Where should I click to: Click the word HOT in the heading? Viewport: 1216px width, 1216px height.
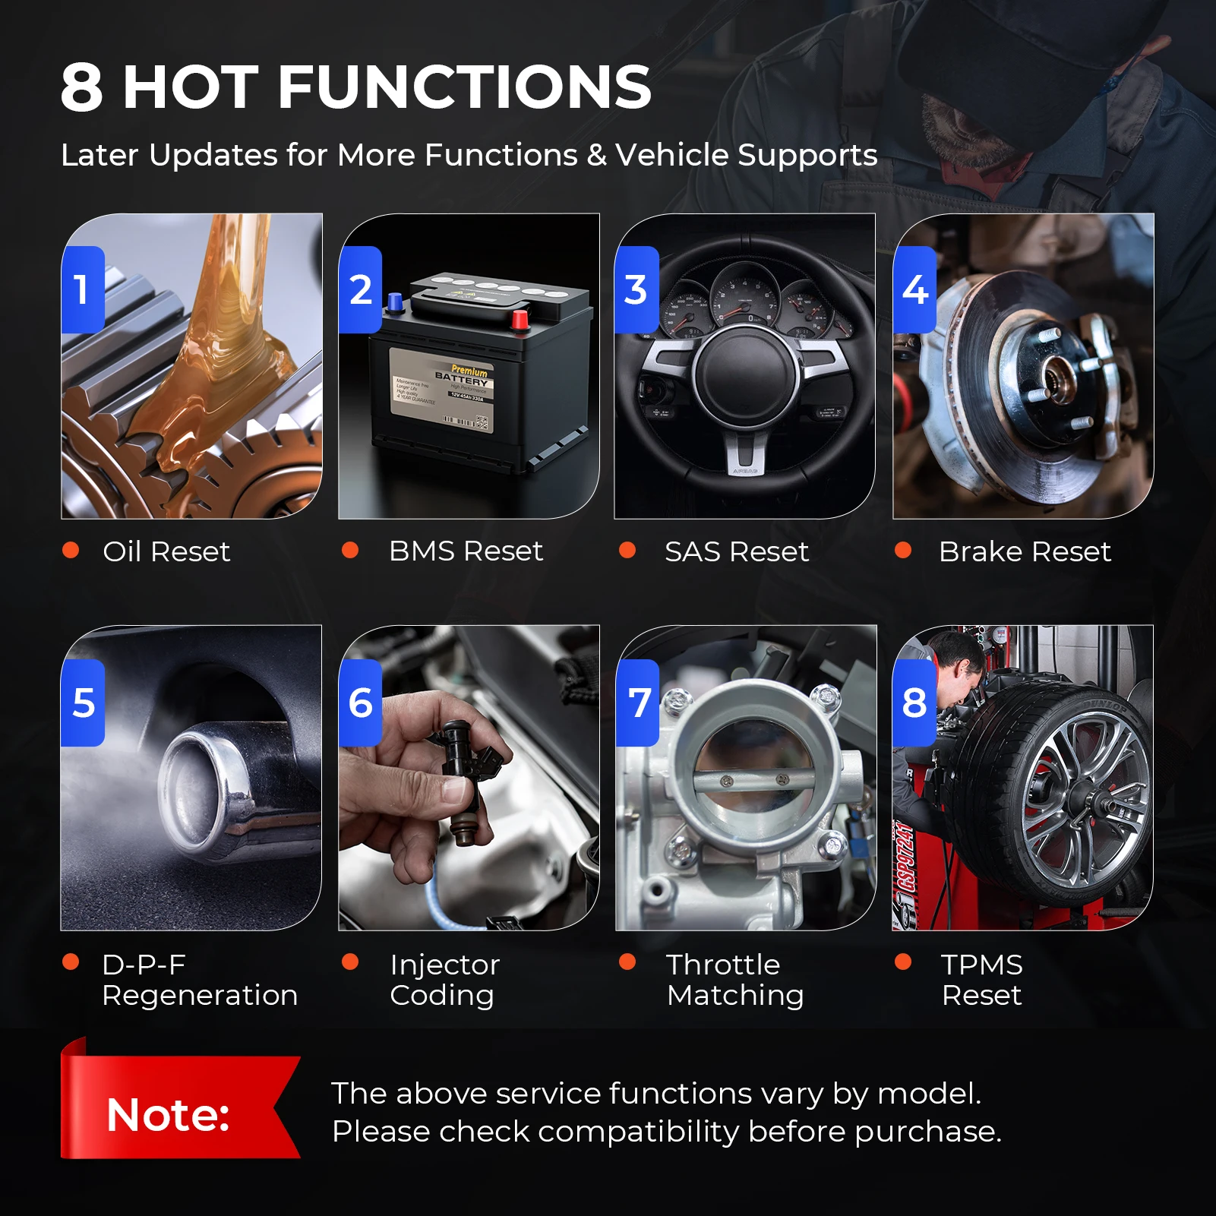pyautogui.click(x=191, y=87)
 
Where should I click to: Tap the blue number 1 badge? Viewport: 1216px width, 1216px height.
pyautogui.click(x=82, y=289)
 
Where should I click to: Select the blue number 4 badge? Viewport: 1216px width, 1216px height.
pyautogui.click(x=914, y=289)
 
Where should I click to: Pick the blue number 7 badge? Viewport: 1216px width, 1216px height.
pyautogui.click(x=638, y=703)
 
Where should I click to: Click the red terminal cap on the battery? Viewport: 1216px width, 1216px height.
pyautogui.click(x=520, y=319)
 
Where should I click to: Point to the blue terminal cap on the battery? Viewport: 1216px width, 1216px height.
pyautogui.click(x=395, y=302)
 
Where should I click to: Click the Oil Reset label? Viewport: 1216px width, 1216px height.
pyautogui.click(x=166, y=551)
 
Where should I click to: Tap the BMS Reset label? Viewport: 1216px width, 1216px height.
pyautogui.click(x=466, y=551)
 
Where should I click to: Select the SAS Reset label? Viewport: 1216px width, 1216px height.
pyautogui.click(x=736, y=551)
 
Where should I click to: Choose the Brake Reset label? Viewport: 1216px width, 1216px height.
pyautogui.click(x=1024, y=551)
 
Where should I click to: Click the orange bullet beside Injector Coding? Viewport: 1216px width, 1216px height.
pyautogui.click(x=350, y=962)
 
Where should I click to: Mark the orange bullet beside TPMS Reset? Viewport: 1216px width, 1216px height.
pyautogui.click(x=903, y=962)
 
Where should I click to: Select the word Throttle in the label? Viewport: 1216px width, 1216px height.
pyautogui.click(x=723, y=965)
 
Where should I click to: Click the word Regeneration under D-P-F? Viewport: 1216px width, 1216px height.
pyautogui.click(x=200, y=995)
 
